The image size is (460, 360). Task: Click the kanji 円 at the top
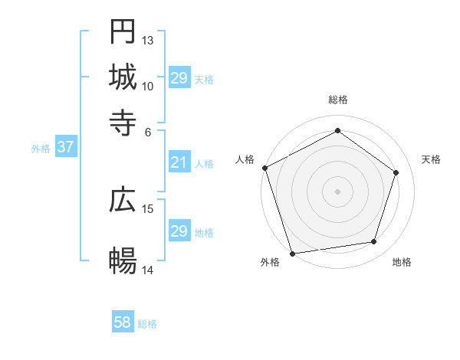123,32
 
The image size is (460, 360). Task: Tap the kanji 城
123,77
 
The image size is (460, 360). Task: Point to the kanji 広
123,200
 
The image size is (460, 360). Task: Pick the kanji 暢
123,261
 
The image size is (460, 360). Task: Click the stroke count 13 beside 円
148,40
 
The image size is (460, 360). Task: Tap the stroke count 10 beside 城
148,86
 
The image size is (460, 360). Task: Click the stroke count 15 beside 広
148,208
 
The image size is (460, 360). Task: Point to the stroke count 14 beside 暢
148,270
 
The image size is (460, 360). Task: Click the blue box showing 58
123,322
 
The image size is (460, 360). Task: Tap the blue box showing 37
65,147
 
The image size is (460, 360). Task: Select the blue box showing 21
179,162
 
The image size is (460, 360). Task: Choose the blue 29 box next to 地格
179,231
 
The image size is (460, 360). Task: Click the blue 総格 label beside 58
147,324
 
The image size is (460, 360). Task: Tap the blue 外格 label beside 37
41,149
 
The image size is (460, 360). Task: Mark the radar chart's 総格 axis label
337,100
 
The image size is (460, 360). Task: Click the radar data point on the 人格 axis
264,168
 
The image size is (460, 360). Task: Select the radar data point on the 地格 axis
374,242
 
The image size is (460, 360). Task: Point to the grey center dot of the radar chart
337,191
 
